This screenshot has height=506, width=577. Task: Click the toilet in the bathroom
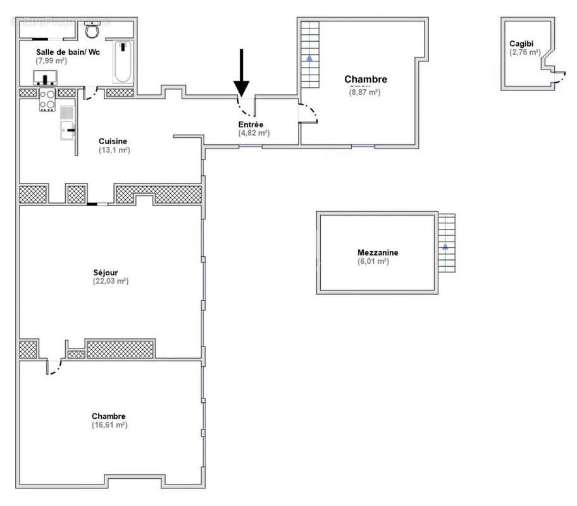(x=92, y=29)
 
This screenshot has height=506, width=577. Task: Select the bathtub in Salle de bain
(x=122, y=62)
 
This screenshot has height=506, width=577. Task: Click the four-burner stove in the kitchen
(x=47, y=99)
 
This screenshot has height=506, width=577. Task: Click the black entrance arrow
(x=242, y=71)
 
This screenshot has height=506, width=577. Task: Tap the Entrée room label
(x=251, y=125)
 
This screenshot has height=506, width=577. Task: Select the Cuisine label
(x=113, y=141)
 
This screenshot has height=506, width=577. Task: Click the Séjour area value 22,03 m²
(x=111, y=281)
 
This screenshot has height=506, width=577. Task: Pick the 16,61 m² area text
(x=109, y=425)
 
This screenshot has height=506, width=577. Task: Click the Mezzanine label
(x=378, y=252)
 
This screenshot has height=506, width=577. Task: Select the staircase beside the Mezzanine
(x=446, y=244)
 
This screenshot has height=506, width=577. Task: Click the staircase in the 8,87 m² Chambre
(x=309, y=55)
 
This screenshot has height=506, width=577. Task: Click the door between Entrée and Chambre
(x=309, y=113)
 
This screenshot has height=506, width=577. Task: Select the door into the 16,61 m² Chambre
(x=54, y=366)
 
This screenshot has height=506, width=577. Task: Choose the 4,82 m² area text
(x=254, y=133)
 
